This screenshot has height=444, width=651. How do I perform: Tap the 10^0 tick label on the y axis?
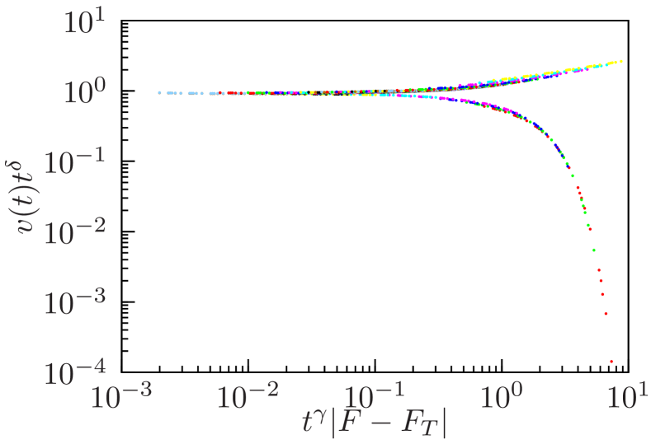click(84, 91)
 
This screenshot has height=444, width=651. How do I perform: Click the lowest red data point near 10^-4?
click(611, 361)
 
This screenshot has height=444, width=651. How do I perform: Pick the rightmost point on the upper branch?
click(620, 61)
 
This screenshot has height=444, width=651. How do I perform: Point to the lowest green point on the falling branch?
click(593, 250)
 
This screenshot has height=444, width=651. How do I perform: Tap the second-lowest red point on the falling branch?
click(606, 314)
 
